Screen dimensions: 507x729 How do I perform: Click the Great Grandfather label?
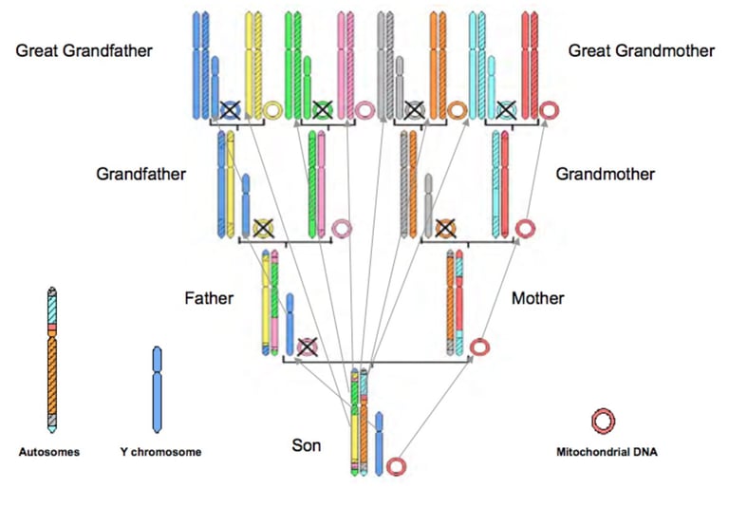coord(84,50)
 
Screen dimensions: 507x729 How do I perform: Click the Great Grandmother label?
coord(641,50)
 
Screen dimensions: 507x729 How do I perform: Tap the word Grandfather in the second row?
coord(140,175)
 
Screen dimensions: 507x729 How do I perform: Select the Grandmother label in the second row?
coord(605,175)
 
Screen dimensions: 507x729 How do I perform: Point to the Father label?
coord(209,299)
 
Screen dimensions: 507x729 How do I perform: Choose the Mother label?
coord(537,299)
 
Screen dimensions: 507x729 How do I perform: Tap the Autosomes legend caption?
coord(49,453)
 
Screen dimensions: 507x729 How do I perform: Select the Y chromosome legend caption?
coord(160,453)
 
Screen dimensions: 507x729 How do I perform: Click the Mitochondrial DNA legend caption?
coord(606,453)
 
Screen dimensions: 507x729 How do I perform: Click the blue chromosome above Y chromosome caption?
coord(158,389)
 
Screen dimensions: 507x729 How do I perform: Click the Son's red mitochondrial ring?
coord(397,465)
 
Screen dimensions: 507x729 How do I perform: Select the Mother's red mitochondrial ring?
coord(480,347)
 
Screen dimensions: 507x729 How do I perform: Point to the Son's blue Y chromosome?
coord(379,441)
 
